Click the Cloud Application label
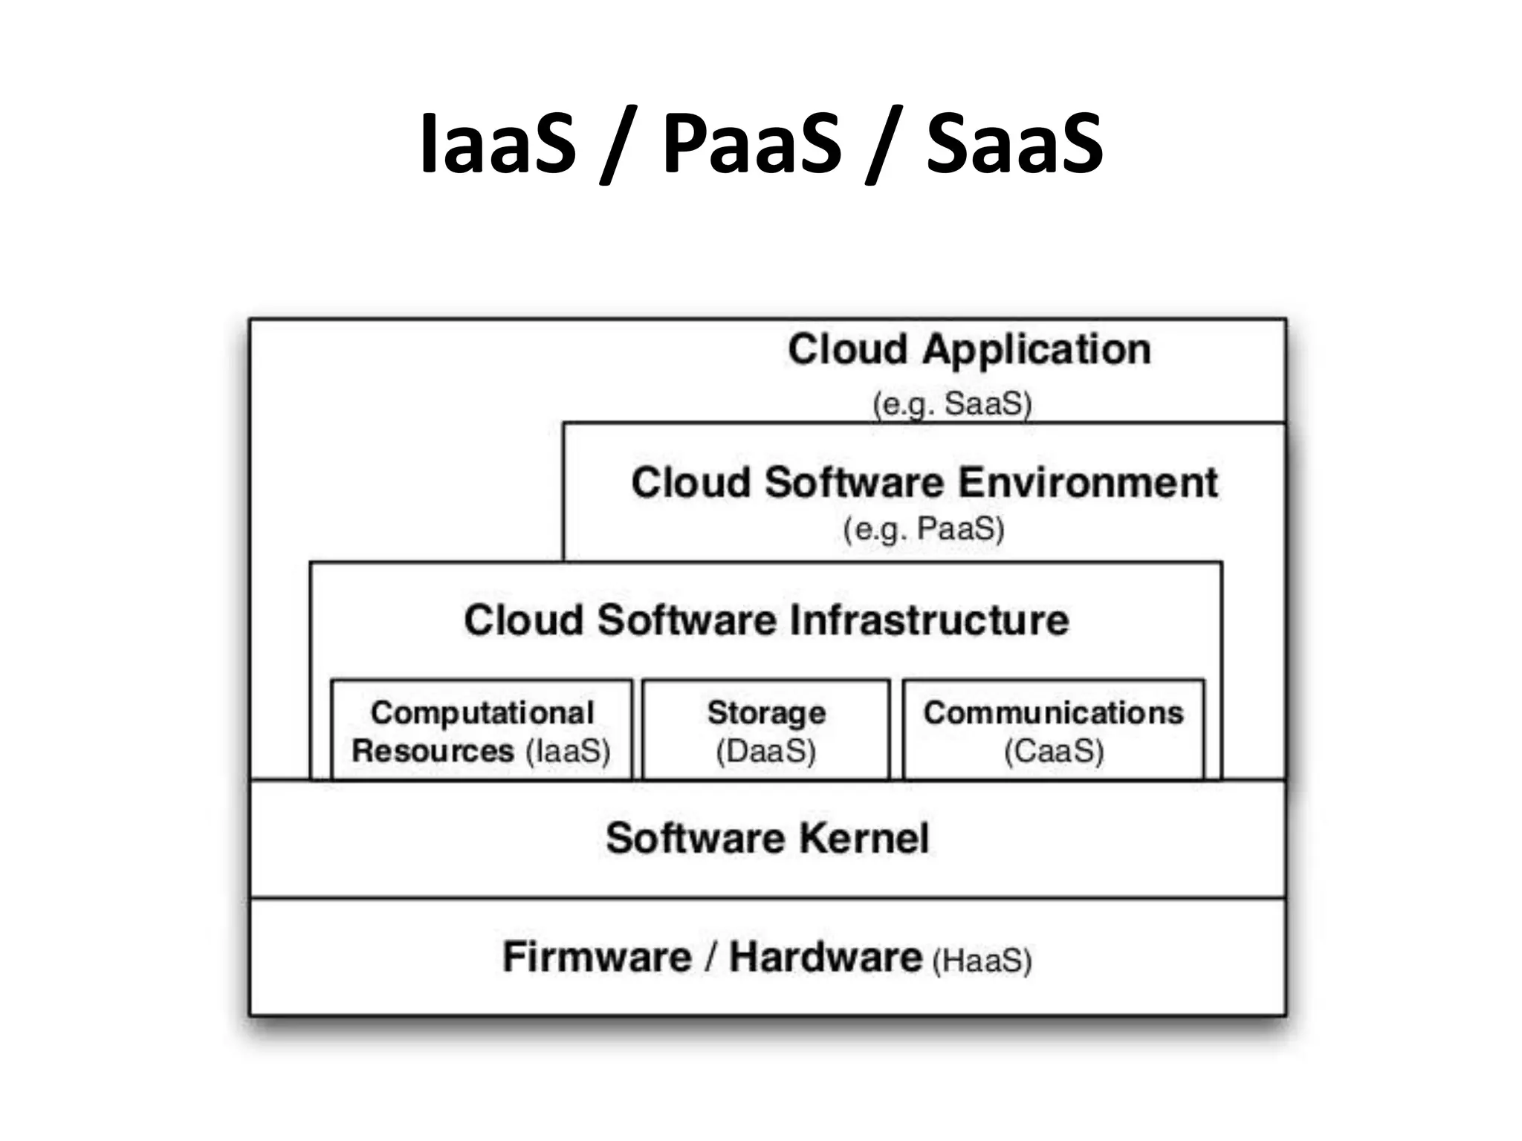[x=969, y=350]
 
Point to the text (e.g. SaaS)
[x=952, y=405]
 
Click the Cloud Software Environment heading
[x=924, y=483]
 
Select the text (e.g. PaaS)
[x=924, y=530]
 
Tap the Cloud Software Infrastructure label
[x=766, y=620]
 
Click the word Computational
[x=482, y=713]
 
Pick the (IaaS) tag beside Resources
[x=568, y=751]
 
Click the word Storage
[x=766, y=713]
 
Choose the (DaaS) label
[x=765, y=751]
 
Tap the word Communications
[x=1053, y=713]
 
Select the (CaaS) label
[x=1054, y=751]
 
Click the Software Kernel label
[x=767, y=839]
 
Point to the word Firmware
[x=597, y=957]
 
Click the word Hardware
[x=825, y=957]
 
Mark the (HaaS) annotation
[x=982, y=960]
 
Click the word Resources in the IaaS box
[x=433, y=751]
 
